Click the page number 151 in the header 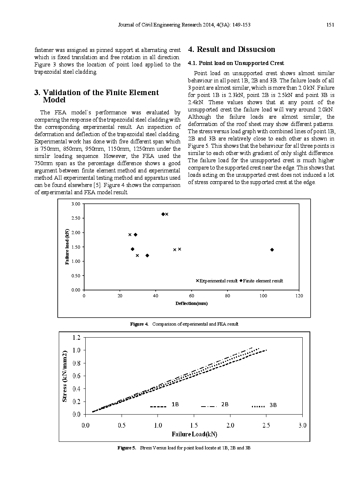330,25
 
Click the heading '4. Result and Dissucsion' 232,50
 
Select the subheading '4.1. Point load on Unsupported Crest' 236,63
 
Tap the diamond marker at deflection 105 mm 272,250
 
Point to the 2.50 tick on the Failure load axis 75,218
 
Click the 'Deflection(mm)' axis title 191,303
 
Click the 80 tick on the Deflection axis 227,296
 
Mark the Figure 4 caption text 184,324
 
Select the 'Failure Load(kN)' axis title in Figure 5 194,434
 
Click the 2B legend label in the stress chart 225,405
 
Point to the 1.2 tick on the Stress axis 76,338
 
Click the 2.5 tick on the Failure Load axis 266,425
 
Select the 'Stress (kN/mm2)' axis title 65,376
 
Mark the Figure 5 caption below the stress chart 184,448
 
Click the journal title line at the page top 184,25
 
